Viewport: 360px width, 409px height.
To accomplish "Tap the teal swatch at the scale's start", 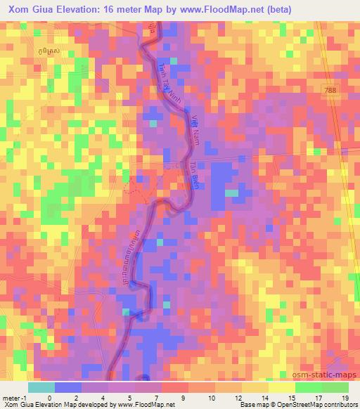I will [x=40, y=387].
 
